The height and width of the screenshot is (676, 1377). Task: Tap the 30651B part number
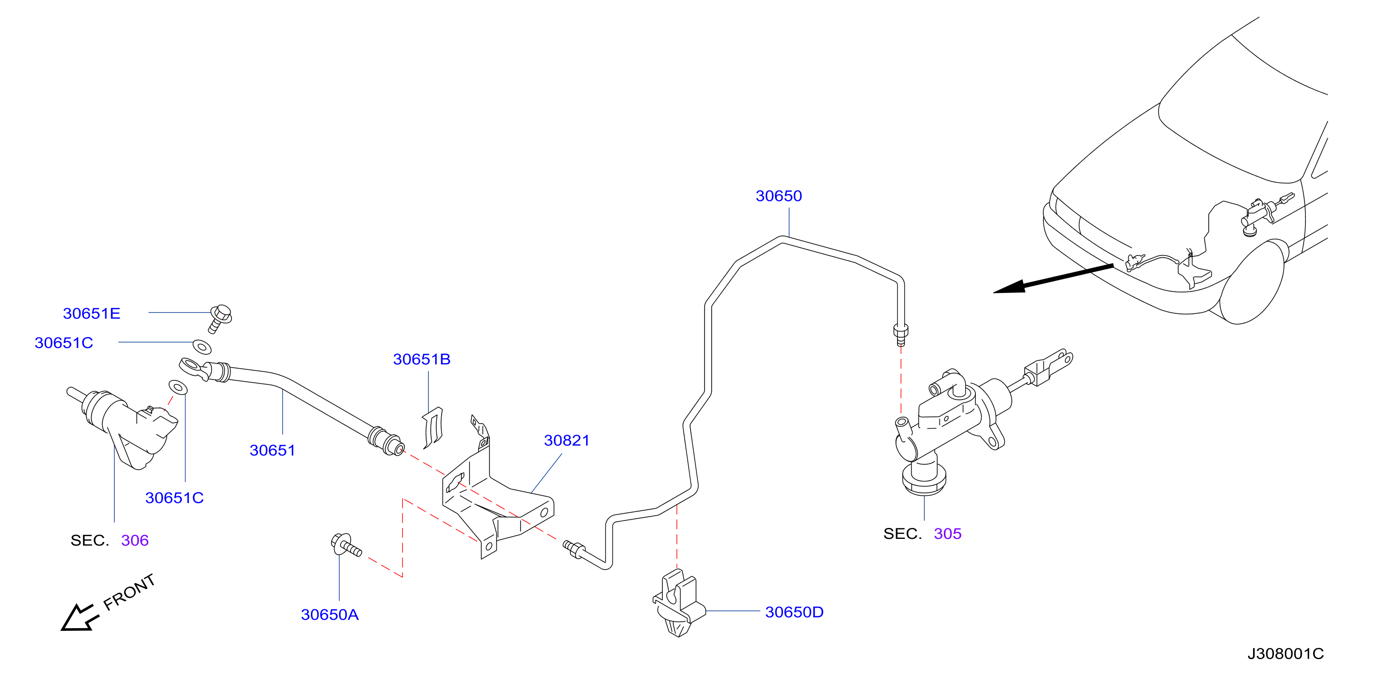click(x=421, y=359)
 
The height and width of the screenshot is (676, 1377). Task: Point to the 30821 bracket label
click(x=567, y=440)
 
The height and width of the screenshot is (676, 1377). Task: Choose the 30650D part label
click(x=794, y=612)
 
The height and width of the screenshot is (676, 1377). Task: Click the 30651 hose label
click(x=272, y=450)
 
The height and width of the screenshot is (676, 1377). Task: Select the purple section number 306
click(x=135, y=540)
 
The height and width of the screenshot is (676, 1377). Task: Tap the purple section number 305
click(x=947, y=533)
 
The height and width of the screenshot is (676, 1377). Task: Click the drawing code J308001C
click(x=1285, y=654)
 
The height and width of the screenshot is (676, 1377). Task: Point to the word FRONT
click(x=129, y=592)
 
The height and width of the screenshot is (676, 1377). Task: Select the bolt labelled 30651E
click(x=220, y=318)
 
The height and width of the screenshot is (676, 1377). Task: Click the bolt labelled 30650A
click(x=346, y=545)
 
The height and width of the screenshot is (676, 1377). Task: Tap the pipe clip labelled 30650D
click(x=678, y=603)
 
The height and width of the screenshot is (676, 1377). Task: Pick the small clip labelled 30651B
click(x=433, y=427)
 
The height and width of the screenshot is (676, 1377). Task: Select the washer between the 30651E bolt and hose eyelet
click(x=201, y=347)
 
